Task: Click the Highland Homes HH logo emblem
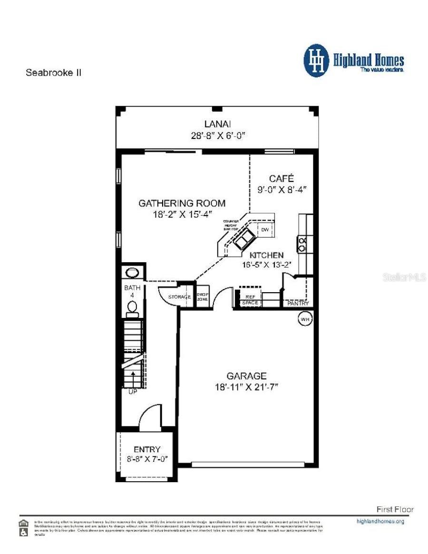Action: [316, 60]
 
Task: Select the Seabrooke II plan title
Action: [53, 73]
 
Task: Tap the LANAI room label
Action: [217, 124]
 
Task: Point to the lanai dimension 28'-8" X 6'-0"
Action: [217, 135]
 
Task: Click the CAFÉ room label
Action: [282, 178]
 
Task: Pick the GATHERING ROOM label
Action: [182, 203]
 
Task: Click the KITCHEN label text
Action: [267, 255]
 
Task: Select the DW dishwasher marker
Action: [265, 230]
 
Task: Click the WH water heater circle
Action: [304, 319]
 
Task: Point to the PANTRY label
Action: [298, 303]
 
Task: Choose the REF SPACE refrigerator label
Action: [250, 300]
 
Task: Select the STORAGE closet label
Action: [179, 297]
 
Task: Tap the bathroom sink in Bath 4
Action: [132, 272]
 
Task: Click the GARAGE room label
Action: [246, 376]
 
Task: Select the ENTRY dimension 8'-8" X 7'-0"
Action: [146, 459]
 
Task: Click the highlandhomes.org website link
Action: [380, 521]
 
